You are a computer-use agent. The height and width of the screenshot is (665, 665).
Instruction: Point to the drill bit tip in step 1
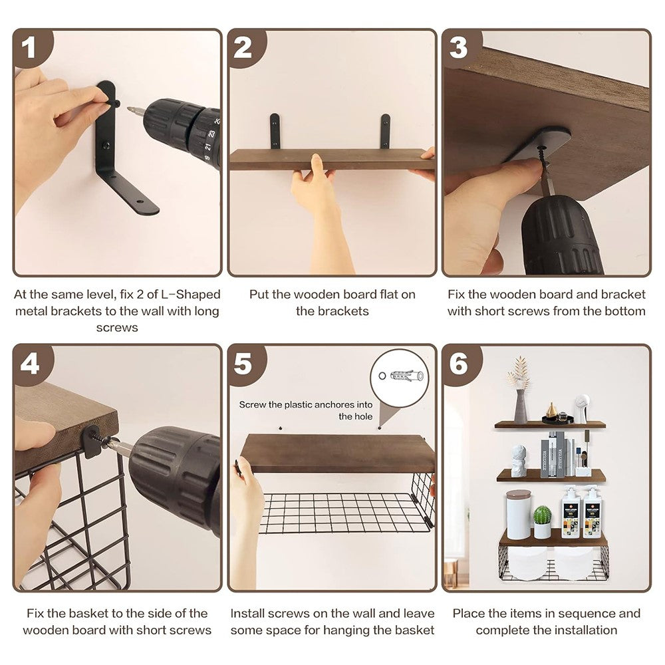pyautogui.click(x=128, y=108)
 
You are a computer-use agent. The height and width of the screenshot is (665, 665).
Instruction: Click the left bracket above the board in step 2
pyautogui.click(x=275, y=132)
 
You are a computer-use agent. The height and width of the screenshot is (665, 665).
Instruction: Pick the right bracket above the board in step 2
pyautogui.click(x=385, y=132)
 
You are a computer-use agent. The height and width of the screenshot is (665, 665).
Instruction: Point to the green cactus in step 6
pyautogui.click(x=542, y=515)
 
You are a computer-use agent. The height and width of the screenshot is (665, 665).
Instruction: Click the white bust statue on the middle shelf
pyautogui.click(x=518, y=461)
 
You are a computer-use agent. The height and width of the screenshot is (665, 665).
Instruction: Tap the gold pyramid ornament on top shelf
pyautogui.click(x=551, y=410)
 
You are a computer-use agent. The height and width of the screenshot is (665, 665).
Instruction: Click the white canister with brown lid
pyautogui.click(x=519, y=515)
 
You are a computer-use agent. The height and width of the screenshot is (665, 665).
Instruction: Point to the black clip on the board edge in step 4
pyautogui.click(x=90, y=442)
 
